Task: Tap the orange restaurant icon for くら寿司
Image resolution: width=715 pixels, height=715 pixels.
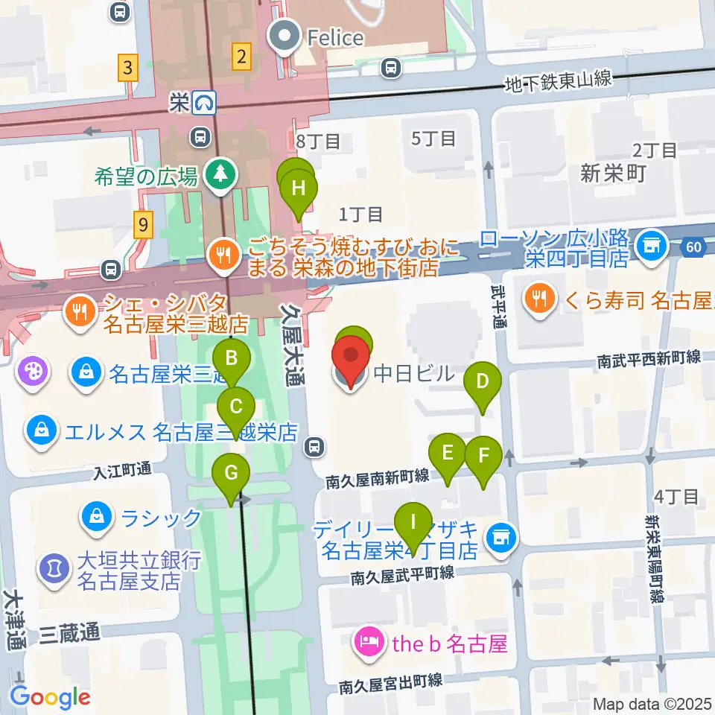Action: coord(538,299)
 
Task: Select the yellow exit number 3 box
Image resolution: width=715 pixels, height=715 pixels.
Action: coord(128,69)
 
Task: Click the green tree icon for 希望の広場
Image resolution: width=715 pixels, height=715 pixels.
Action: coord(219,175)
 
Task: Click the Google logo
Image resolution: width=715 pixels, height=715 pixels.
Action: coord(51,697)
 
